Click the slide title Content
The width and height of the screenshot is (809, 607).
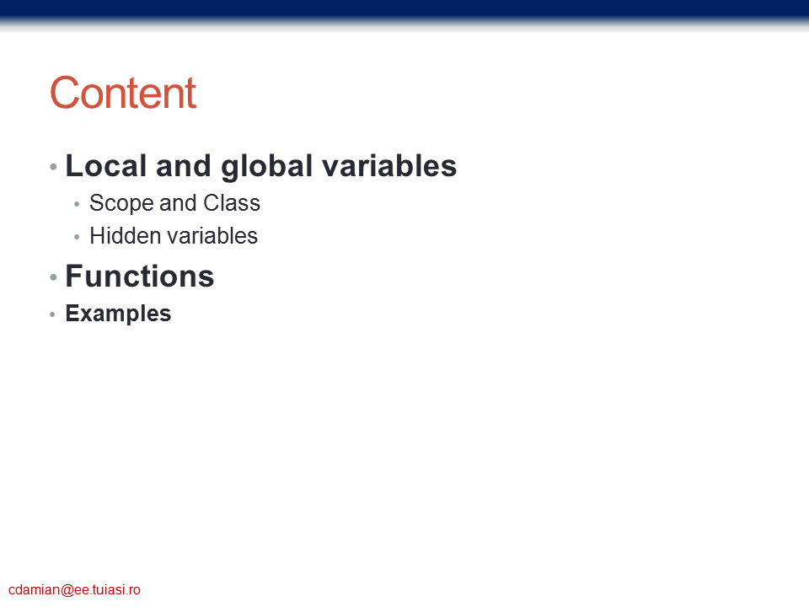click(x=123, y=93)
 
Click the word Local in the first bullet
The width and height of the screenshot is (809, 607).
click(x=106, y=166)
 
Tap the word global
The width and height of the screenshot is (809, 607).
click(x=267, y=167)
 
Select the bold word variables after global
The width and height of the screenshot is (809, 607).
click(x=389, y=166)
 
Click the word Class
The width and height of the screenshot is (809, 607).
click(x=232, y=203)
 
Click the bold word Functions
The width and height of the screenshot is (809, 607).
click(x=139, y=276)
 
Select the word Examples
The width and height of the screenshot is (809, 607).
click(x=118, y=314)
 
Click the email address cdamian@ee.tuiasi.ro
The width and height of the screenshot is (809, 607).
click(x=74, y=590)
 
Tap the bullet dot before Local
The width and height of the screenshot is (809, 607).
click(x=53, y=167)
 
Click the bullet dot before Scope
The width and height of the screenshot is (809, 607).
click(x=77, y=204)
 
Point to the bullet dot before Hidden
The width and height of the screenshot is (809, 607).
click(x=77, y=237)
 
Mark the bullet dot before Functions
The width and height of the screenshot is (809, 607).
click(x=53, y=277)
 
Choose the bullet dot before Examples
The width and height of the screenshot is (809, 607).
click(x=52, y=314)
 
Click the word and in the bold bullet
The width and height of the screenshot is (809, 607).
click(x=184, y=166)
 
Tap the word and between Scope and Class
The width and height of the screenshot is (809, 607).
click(x=178, y=203)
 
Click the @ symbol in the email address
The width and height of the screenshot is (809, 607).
click(x=67, y=590)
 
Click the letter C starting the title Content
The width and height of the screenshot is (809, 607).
click(x=64, y=93)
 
